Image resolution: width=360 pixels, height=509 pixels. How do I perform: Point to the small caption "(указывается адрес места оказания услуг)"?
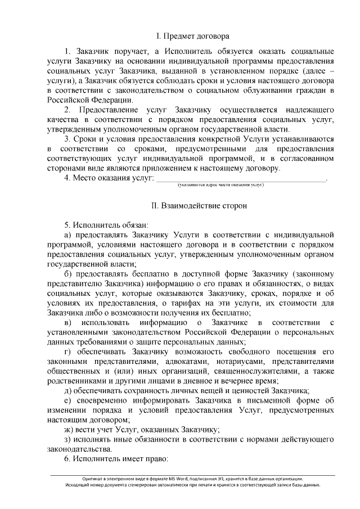coord(220,184)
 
